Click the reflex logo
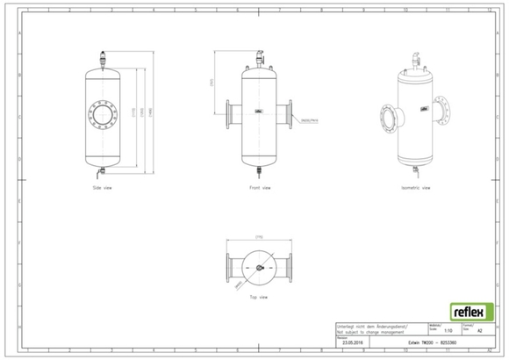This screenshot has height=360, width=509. [472, 312]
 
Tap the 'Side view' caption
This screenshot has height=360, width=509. [103, 188]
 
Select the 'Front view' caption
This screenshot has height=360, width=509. [261, 188]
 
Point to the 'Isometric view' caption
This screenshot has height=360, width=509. [415, 188]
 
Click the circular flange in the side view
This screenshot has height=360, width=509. [103, 115]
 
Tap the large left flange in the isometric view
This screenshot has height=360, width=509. [384, 119]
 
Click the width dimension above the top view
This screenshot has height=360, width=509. [260, 238]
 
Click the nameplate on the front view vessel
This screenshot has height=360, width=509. [261, 112]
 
